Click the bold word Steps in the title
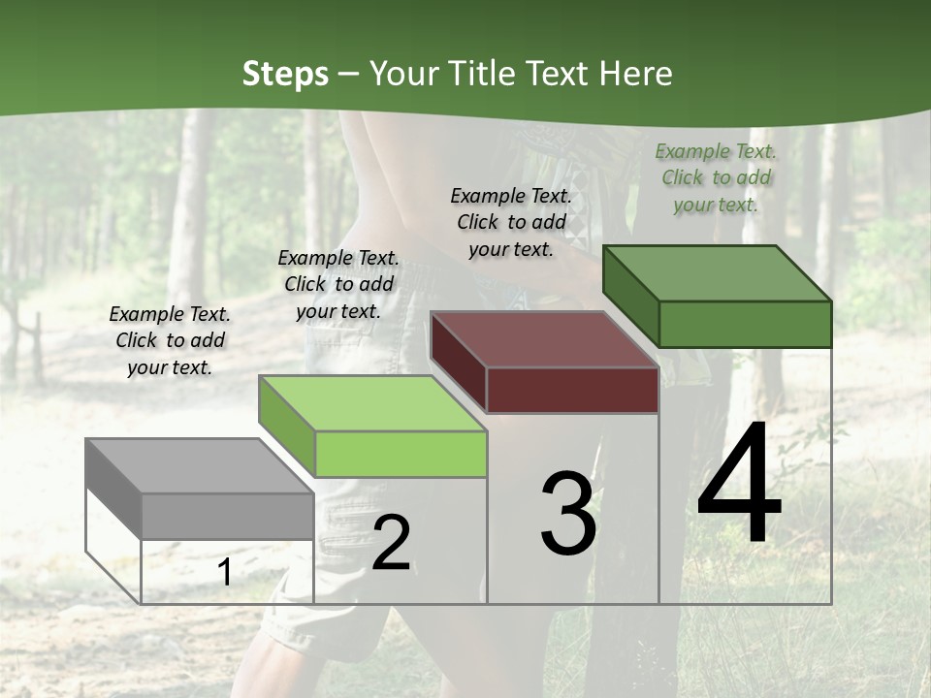pyautogui.click(x=285, y=74)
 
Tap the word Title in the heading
pyautogui.click(x=481, y=74)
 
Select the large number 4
pyautogui.click(x=739, y=484)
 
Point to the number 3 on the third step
pyautogui.click(x=568, y=514)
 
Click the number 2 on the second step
pyautogui.click(x=391, y=543)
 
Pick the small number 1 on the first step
pyautogui.click(x=224, y=573)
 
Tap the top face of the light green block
pyautogui.click(x=372, y=403)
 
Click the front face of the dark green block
pyautogui.click(x=745, y=324)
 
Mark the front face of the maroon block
pyautogui.click(x=572, y=390)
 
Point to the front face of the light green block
pyautogui.click(x=401, y=454)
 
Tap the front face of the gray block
pyautogui.click(x=228, y=516)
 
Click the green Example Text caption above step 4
pyautogui.click(x=716, y=177)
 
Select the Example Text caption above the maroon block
pyautogui.click(x=511, y=222)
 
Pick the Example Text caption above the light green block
pyautogui.click(x=338, y=284)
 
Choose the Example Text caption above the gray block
pyautogui.click(x=170, y=340)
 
